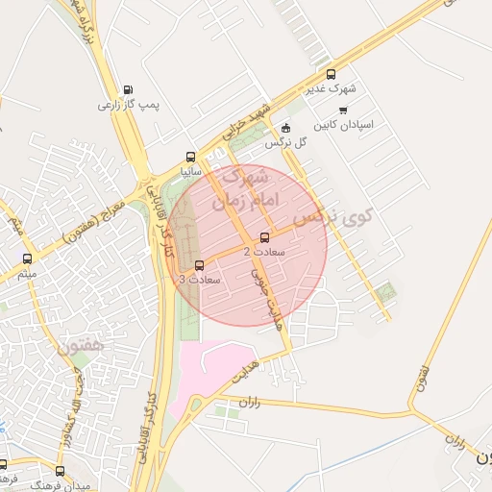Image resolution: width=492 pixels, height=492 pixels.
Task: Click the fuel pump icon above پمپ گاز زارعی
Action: [128, 90]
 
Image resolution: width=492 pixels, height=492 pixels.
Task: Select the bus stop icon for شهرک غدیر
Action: [332, 74]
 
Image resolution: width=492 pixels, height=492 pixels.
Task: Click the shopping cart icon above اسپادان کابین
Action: [343, 111]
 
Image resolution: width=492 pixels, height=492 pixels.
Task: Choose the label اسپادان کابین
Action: [344, 125]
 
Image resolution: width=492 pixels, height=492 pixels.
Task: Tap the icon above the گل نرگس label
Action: [285, 129]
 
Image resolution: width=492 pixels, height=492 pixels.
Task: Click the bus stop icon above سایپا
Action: [190, 157]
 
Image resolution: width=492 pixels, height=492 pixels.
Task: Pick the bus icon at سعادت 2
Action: [265, 238]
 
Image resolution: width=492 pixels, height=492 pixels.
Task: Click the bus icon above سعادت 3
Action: [199, 265]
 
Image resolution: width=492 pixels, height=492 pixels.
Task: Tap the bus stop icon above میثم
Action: [27, 258]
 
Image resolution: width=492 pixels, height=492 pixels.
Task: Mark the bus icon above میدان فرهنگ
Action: [61, 471]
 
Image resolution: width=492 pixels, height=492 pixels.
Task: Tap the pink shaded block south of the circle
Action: [222, 365]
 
